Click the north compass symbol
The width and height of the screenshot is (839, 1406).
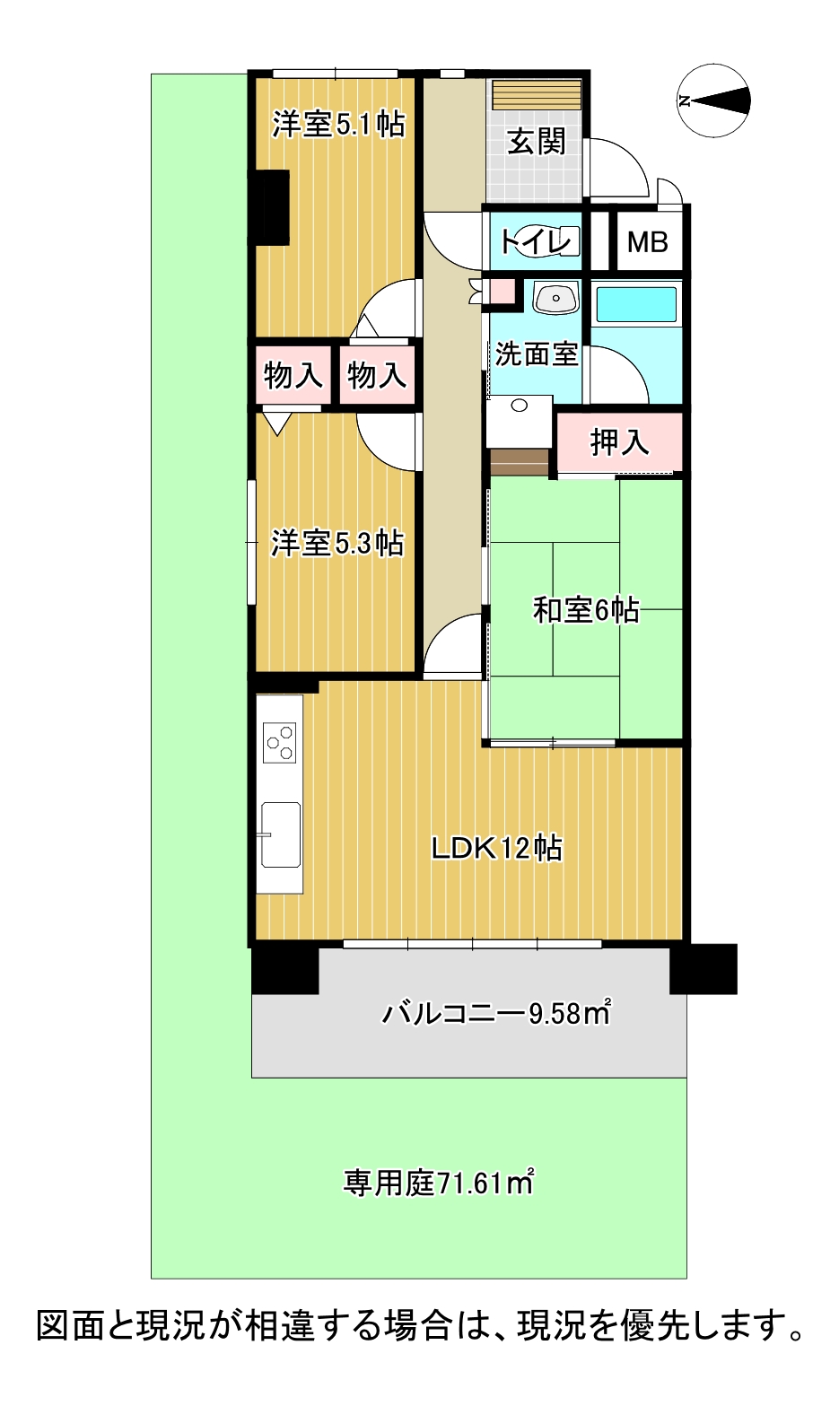point(714,100)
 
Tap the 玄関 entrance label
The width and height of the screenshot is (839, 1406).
point(537,141)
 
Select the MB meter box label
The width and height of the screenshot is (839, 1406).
point(648,242)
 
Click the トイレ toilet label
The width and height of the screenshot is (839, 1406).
point(536,241)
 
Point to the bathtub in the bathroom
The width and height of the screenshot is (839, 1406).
point(636,305)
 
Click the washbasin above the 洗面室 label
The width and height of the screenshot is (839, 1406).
point(555,298)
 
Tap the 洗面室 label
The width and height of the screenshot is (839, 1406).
point(536,354)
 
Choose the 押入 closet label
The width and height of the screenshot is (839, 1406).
point(619,442)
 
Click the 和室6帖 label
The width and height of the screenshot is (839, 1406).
point(586,609)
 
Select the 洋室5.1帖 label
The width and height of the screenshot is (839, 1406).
point(337,124)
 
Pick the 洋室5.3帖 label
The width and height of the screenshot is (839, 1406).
point(337,543)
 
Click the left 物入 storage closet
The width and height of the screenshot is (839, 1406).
point(293,375)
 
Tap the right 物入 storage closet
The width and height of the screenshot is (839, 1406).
point(377,375)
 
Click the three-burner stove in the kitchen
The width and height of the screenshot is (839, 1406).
point(279,743)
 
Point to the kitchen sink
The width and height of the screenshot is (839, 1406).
point(281,834)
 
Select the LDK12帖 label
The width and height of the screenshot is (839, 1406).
point(496,849)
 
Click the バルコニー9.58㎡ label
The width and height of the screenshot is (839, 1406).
point(495,1012)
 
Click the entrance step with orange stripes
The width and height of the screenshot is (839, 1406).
point(537,94)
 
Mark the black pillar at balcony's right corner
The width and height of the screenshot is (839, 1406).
point(704,968)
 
